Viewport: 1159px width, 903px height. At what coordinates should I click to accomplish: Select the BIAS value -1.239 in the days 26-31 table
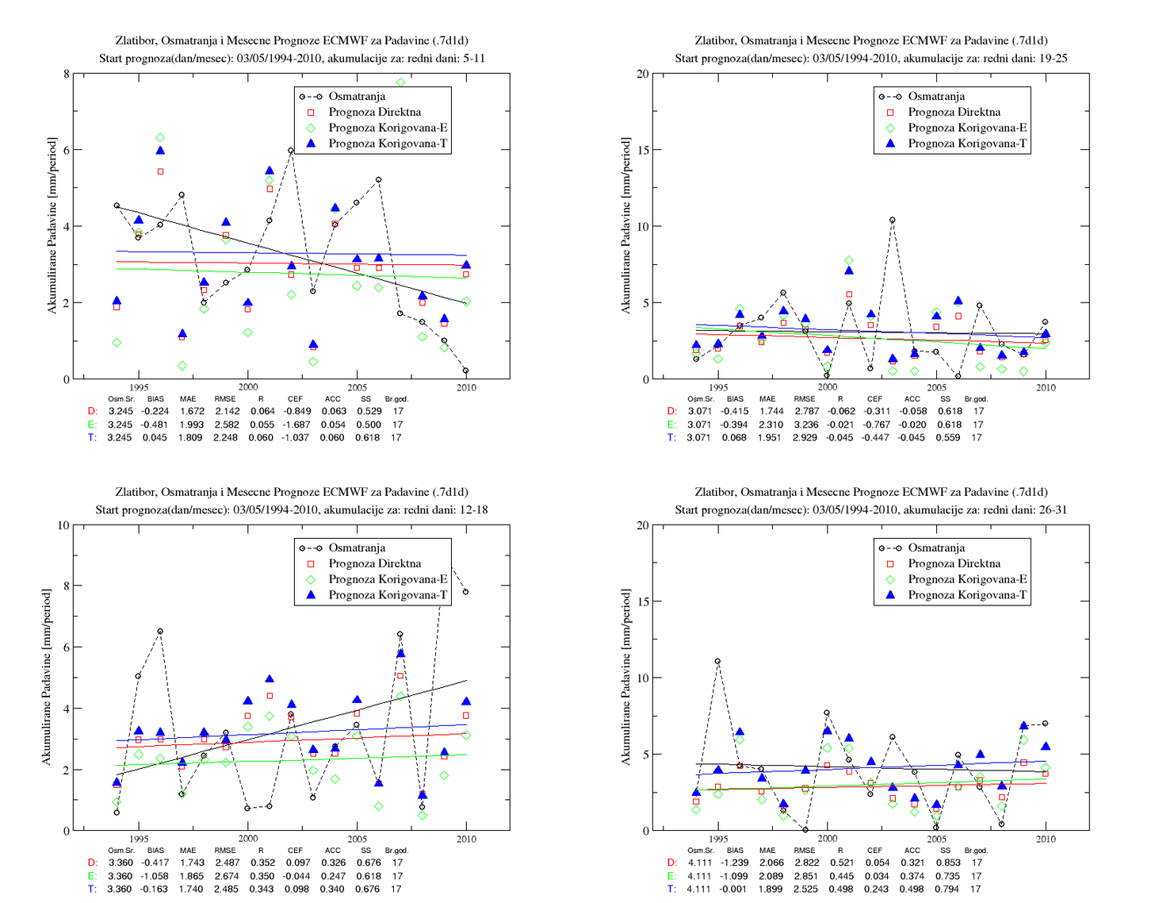[x=734, y=863]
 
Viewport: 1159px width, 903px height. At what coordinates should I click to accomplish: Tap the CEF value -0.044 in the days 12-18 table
[x=296, y=876]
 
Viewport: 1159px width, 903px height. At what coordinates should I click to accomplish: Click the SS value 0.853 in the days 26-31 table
[x=948, y=863]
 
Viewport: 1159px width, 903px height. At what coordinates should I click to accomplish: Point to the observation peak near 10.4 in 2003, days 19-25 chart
[x=893, y=220]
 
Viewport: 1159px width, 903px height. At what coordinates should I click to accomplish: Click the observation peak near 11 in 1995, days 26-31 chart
[x=717, y=661]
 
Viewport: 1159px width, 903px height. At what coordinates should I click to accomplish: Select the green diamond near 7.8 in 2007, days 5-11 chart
[x=400, y=83]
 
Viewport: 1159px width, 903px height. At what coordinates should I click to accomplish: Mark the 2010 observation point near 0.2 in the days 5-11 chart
[x=465, y=371]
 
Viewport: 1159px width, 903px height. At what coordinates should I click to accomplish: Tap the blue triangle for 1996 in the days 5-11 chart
[x=160, y=151]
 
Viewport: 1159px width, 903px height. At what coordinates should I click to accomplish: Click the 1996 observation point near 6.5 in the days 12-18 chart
[x=160, y=632]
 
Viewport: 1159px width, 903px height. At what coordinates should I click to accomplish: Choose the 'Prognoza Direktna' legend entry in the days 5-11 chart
[x=374, y=112]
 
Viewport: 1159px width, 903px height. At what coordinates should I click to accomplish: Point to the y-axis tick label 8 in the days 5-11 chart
[x=66, y=74]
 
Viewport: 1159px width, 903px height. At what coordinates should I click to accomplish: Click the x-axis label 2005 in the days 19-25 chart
[x=936, y=387]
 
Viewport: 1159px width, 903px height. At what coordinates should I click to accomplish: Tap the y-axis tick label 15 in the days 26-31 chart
[x=643, y=601]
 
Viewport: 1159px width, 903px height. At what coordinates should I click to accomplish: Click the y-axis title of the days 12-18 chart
[x=47, y=678]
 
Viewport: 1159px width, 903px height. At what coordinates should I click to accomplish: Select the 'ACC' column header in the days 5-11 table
[x=333, y=398]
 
